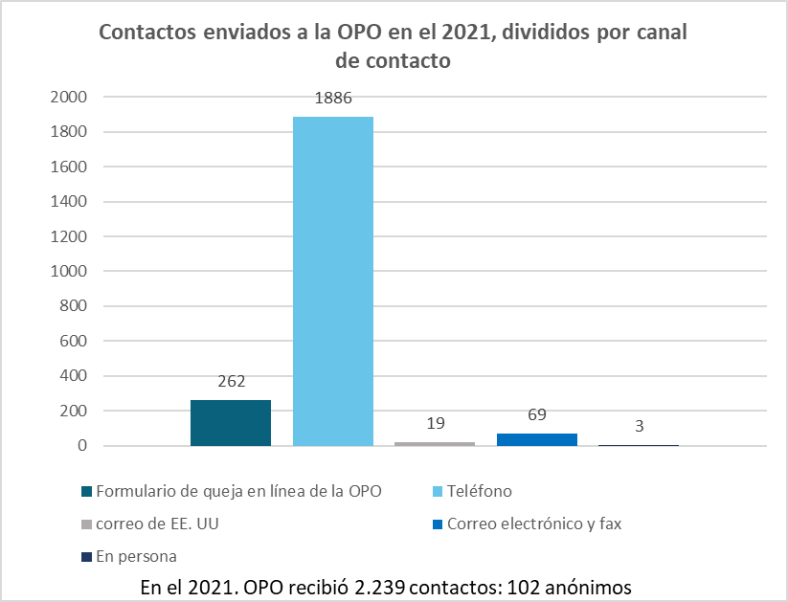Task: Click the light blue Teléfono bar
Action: point(332,280)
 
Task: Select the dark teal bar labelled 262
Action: point(231,423)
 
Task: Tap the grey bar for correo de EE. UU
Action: point(435,443)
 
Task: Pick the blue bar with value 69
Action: point(536,439)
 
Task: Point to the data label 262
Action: point(231,380)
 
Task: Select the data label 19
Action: point(435,422)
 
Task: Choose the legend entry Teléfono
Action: point(479,491)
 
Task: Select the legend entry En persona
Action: point(136,556)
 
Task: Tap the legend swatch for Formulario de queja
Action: point(87,492)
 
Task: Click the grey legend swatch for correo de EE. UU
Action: point(87,524)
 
